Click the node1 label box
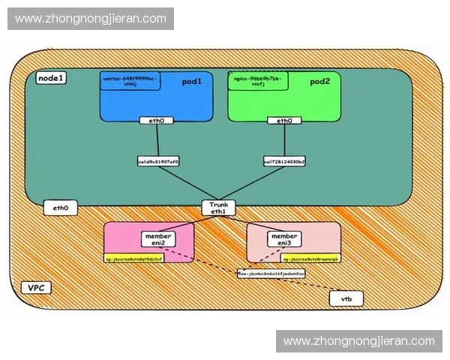(51, 78)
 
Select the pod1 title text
(192, 82)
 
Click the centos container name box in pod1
(130, 81)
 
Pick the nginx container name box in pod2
(258, 81)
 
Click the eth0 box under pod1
(157, 120)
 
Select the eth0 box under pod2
(284, 120)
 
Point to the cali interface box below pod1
(158, 160)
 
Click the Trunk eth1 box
(219, 208)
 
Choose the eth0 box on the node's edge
(61, 208)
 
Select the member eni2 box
(158, 239)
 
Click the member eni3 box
(284, 239)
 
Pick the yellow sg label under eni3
(310, 258)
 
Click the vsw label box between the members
(271, 274)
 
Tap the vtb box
(346, 299)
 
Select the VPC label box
(34, 288)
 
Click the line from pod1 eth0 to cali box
(157, 140)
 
